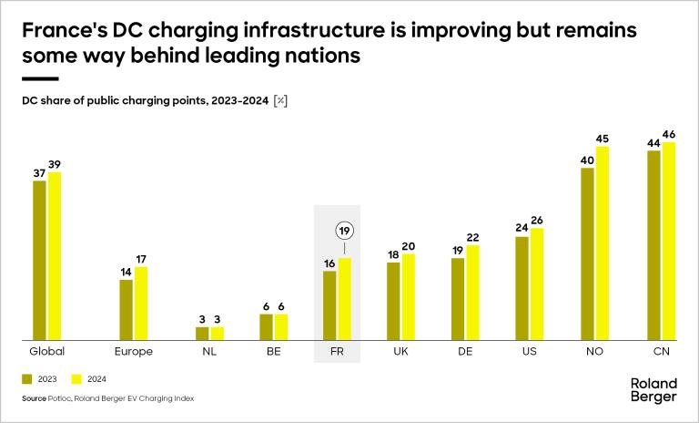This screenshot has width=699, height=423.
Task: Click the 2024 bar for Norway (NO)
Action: [x=602, y=243]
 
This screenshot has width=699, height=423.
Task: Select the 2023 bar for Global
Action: [x=39, y=260]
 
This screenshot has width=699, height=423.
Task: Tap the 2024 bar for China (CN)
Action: [x=670, y=241]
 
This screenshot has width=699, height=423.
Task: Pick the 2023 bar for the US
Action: [x=522, y=288]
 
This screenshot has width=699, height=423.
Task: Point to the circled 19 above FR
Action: [x=344, y=231]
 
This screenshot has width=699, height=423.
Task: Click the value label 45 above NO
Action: [x=602, y=139]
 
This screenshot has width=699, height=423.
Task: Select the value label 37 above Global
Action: [x=39, y=173]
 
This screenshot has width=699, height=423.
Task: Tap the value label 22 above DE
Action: [x=471, y=238]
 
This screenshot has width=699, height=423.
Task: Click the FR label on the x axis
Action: [x=337, y=351]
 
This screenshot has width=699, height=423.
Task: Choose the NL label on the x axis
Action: [x=209, y=351]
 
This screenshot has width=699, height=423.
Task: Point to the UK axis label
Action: [x=400, y=351]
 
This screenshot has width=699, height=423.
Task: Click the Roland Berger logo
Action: [x=653, y=390]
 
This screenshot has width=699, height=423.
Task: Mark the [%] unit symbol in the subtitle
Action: [x=280, y=100]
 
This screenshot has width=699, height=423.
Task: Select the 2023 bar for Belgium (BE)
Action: [x=266, y=326]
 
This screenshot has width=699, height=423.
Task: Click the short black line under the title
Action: [x=39, y=78]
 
